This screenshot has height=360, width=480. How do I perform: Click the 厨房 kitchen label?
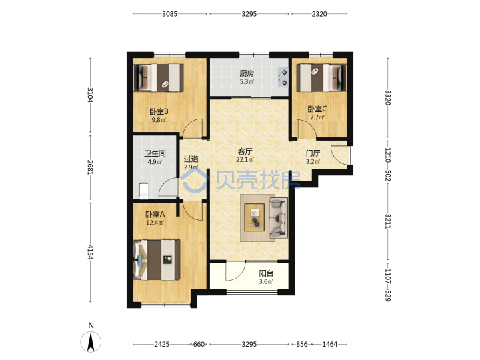247,73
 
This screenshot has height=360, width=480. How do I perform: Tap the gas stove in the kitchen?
283,77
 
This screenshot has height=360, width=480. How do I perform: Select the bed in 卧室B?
159,77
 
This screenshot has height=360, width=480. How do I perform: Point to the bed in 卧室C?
321,78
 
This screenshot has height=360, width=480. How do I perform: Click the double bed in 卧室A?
157,260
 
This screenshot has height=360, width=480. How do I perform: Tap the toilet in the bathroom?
143,191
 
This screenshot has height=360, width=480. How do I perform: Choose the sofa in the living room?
278,217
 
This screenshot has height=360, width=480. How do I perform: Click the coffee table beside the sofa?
255,217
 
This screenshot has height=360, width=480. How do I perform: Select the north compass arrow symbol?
91,341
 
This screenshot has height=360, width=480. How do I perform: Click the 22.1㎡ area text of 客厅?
245,159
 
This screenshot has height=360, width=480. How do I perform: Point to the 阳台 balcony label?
266,273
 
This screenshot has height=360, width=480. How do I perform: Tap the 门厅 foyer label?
313,153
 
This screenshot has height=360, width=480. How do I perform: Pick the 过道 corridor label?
191,159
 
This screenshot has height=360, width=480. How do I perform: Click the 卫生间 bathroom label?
155,153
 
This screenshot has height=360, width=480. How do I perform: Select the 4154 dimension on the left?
90,251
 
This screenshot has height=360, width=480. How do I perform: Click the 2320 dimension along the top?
319,14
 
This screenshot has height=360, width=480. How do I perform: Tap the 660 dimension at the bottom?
199,344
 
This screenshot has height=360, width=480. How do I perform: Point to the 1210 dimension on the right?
387,155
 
